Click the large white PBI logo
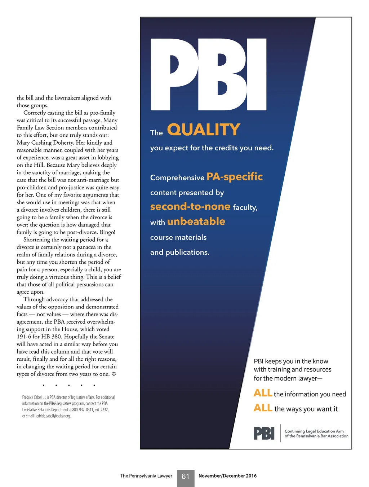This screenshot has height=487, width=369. pos(208,74)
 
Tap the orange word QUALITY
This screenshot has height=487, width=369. pos(204,130)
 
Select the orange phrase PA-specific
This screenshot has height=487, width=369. pos(235,176)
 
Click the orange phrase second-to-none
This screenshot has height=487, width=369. pos(190,206)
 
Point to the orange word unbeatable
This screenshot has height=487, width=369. pos(196,221)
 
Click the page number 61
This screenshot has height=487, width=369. pos(186,477)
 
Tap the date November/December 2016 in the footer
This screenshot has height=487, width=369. pos(227,476)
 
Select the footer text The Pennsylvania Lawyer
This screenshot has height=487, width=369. pos(146,476)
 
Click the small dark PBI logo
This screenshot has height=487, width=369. pos(264,433)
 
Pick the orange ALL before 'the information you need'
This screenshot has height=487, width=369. pos(263,393)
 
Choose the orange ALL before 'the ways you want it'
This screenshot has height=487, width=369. pos(263,408)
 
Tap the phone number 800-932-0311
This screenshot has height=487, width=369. pos(83,410)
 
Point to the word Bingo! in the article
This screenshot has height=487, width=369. pos(107,232)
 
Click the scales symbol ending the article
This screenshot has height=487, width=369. pos(114,374)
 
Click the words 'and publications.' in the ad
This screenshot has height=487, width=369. pos(180,252)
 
